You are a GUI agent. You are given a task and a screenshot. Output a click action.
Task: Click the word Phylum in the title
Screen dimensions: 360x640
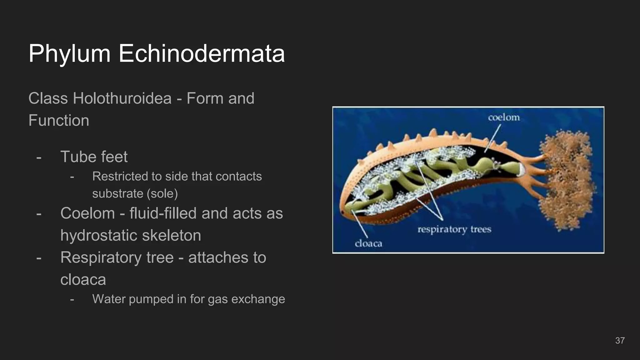69,54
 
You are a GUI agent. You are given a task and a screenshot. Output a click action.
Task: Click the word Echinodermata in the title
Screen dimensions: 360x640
202,54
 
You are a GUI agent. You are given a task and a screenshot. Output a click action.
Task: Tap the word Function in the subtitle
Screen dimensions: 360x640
59,121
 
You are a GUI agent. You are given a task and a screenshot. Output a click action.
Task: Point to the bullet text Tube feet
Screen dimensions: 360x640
94,157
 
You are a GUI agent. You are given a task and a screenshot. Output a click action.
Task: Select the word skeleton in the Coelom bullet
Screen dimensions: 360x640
172,235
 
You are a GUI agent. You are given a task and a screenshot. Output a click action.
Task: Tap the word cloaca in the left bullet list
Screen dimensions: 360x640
83,279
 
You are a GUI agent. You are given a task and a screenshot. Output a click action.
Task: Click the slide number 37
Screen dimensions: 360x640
620,341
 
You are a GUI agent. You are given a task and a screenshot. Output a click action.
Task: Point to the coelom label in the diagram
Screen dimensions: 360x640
504,118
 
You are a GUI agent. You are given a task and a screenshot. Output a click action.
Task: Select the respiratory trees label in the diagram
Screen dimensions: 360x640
454,230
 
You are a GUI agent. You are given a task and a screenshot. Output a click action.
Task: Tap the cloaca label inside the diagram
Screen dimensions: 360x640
368,244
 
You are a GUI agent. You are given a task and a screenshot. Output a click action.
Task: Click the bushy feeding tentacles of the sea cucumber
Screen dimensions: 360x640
566,181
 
